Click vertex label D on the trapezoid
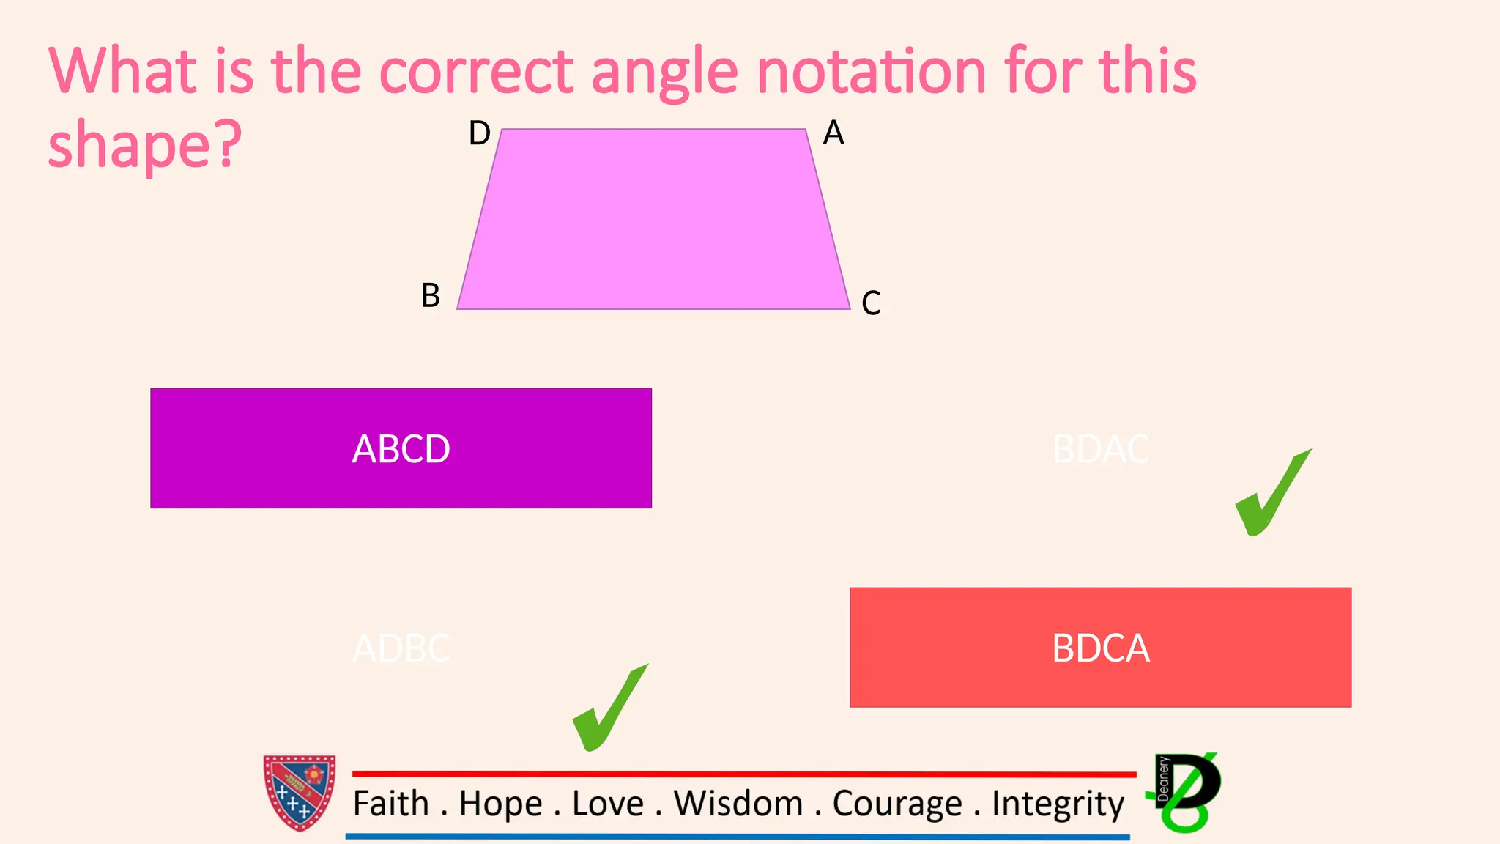click(x=480, y=133)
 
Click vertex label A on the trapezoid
click(x=833, y=133)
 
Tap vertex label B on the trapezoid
click(x=431, y=296)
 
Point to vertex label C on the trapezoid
click(x=871, y=303)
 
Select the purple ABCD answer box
click(x=401, y=448)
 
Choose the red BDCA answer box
click(x=1100, y=648)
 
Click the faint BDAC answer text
click(x=1100, y=449)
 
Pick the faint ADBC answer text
click(x=401, y=648)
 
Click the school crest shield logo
click(x=300, y=793)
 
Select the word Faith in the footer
click(x=390, y=804)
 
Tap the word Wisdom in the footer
click(x=738, y=804)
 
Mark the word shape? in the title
click(x=144, y=145)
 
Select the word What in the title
click(x=122, y=71)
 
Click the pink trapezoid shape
click(x=652, y=220)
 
